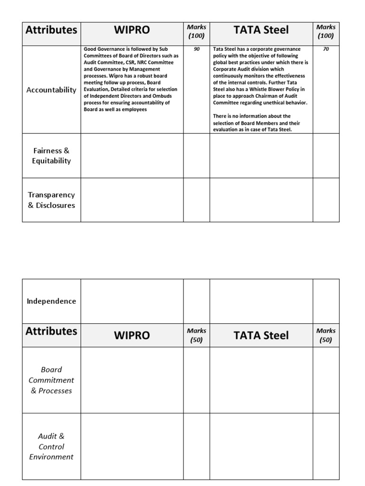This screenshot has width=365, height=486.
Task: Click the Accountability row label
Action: pos(51,90)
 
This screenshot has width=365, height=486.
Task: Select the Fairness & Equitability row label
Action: pos(51,156)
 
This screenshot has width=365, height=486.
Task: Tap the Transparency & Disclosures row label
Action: pos(51,200)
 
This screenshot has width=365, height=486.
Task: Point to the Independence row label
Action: pos(51,301)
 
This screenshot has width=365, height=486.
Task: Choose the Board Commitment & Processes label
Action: pos(51,380)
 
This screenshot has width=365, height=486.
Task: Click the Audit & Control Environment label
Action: pos(51,446)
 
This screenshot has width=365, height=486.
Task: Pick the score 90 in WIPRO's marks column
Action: pos(197,49)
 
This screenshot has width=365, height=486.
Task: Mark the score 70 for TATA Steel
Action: pos(326,49)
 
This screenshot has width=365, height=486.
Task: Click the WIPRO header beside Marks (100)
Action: pos(132,30)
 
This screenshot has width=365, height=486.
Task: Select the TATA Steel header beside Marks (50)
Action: pos(261,335)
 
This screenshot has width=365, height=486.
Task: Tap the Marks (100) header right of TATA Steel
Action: pos(326,31)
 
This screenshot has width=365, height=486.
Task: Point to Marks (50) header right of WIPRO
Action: pos(196,335)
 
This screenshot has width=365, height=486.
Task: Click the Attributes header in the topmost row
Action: pos(51,30)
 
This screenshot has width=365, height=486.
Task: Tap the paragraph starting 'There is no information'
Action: pos(257,123)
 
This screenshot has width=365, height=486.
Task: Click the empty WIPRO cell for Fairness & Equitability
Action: pos(132,156)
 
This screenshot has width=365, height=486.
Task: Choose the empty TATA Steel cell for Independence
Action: pos(261,301)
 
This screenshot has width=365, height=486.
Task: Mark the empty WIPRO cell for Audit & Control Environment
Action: pos(132,446)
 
